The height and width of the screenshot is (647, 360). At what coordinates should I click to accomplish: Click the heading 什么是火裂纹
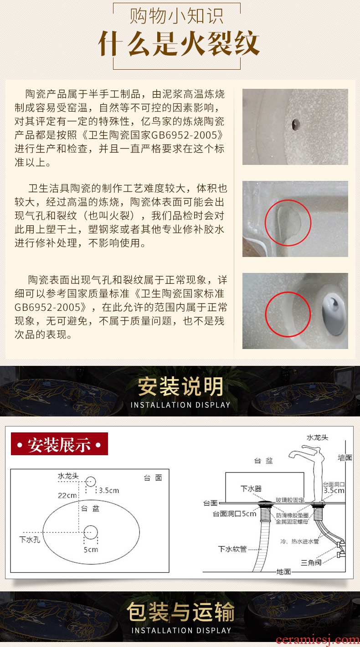(x=179, y=44)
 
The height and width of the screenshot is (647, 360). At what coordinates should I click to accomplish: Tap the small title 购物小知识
(x=176, y=16)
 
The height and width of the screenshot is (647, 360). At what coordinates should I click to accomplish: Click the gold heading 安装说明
(x=180, y=386)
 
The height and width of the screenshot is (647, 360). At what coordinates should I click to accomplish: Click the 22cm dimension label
(x=67, y=495)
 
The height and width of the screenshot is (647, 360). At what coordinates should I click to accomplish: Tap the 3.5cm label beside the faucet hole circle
(x=109, y=490)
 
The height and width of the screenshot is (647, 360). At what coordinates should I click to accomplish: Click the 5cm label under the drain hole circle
(x=91, y=549)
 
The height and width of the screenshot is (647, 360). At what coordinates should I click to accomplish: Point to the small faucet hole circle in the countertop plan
(x=91, y=481)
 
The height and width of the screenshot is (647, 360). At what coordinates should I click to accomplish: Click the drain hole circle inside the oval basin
(x=91, y=532)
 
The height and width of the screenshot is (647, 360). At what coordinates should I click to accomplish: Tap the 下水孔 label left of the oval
(x=30, y=539)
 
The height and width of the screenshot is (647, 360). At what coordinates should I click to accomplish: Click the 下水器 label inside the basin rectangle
(x=251, y=488)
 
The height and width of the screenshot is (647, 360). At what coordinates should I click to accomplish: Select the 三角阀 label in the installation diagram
(x=311, y=562)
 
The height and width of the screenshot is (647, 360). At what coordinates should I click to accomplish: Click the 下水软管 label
(x=232, y=549)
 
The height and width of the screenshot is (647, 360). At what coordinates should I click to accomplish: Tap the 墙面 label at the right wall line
(x=345, y=457)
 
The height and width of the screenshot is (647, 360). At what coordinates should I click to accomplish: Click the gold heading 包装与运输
(x=180, y=612)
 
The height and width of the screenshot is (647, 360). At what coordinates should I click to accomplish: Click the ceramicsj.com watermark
(x=318, y=639)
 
